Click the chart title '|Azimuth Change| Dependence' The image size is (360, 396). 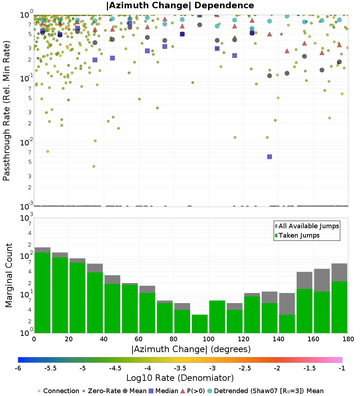click(180, 6)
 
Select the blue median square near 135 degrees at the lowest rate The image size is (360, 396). click(269, 157)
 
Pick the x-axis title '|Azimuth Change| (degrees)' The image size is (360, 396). click(191, 349)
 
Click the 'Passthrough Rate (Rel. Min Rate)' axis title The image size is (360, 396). click(6, 111)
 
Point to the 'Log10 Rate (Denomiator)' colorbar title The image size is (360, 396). click(180, 378)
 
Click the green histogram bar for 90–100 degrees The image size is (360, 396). click(200, 324)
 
